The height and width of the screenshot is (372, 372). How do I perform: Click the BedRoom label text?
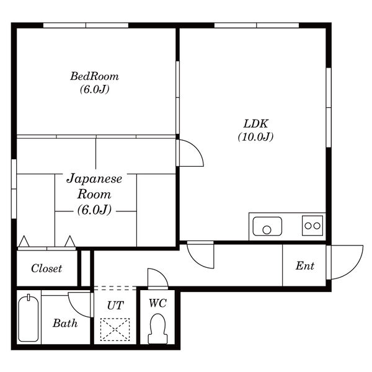[94, 76]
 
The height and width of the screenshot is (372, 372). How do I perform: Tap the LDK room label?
[255, 124]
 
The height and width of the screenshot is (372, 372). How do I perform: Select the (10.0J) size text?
[255, 136]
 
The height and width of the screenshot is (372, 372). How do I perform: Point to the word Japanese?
[94, 179]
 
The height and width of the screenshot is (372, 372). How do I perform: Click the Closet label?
[46, 268]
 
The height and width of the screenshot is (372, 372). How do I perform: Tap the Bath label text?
[65, 323]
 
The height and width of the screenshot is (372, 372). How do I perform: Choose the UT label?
[115, 305]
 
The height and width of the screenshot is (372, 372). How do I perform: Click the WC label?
[157, 303]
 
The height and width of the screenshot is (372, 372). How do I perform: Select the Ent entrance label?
[305, 266]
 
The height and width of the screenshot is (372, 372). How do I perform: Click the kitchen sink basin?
[267, 226]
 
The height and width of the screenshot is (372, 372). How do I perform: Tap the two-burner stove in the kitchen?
[312, 226]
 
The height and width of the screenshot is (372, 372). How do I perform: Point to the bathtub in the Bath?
[29, 318]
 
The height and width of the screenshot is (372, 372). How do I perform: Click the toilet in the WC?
[157, 329]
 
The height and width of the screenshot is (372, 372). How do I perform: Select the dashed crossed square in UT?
[115, 330]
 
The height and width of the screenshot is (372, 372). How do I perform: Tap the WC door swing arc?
[162, 273]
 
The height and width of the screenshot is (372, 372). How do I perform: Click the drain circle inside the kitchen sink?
[267, 230]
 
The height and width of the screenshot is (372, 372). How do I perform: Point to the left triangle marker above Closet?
[24, 242]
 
